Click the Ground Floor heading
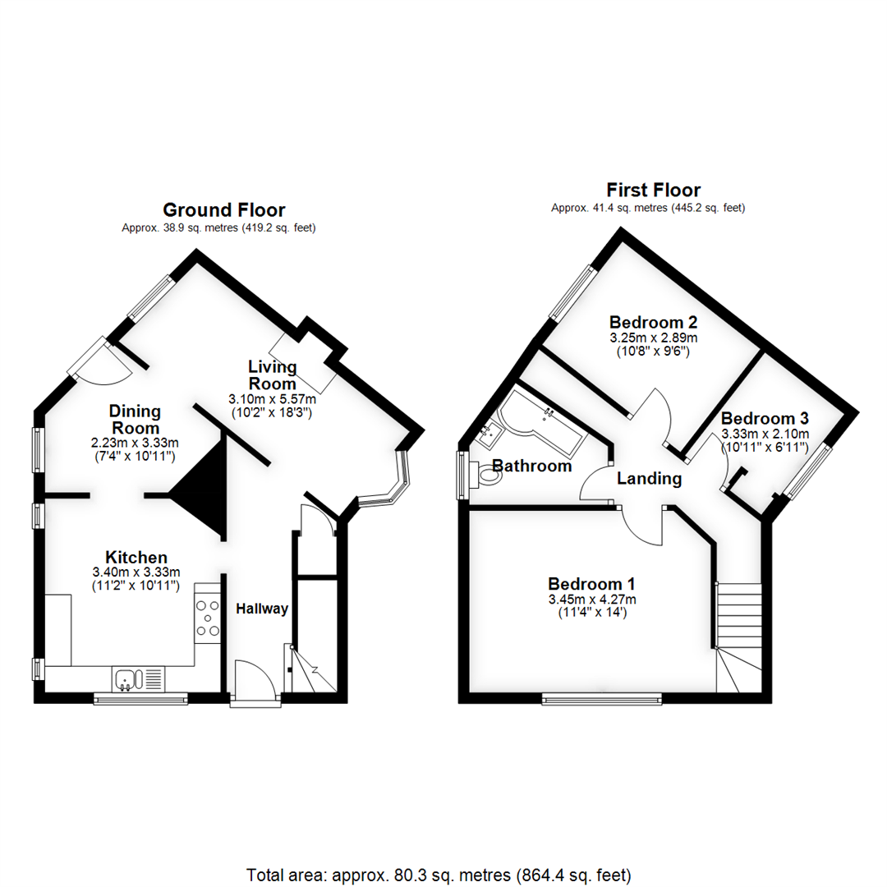224,210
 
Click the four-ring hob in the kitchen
207,618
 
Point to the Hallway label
262,609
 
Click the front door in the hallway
254,683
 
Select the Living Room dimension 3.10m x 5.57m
272,399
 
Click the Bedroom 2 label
653,322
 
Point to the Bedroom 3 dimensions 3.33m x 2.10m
765,434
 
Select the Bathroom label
531,466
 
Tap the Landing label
649,479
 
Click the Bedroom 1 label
591,584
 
